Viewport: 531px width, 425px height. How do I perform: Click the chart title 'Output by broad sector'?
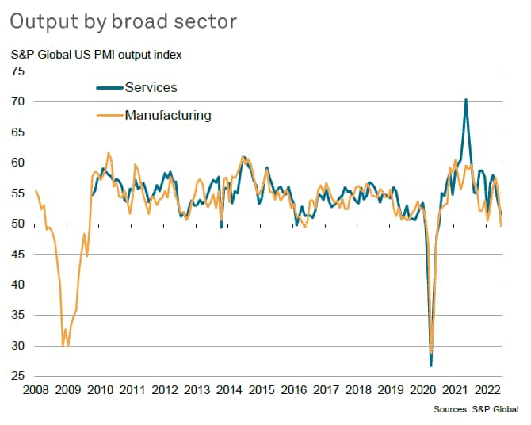pyautogui.click(x=123, y=21)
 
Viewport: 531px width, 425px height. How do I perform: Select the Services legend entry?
pyautogui.click(x=151, y=87)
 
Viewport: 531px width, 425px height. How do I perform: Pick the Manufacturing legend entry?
pyautogui.click(x=168, y=115)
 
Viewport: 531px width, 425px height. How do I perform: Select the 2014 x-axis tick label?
pyautogui.click(x=229, y=390)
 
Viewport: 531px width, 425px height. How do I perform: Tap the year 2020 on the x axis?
pyautogui.click(x=423, y=390)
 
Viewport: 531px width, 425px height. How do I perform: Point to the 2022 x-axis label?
pyautogui.click(x=487, y=390)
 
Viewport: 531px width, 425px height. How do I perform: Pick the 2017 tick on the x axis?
pyautogui.click(x=327, y=390)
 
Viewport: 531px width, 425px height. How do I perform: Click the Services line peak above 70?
pyautogui.click(x=465, y=100)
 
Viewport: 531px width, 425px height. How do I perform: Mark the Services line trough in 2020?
pyautogui.click(x=431, y=366)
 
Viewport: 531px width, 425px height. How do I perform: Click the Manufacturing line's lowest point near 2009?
pyautogui.click(x=63, y=346)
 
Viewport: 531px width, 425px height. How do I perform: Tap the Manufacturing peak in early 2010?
pyautogui.click(x=109, y=153)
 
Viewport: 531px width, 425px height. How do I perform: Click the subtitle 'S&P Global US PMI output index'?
pyautogui.click(x=97, y=56)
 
